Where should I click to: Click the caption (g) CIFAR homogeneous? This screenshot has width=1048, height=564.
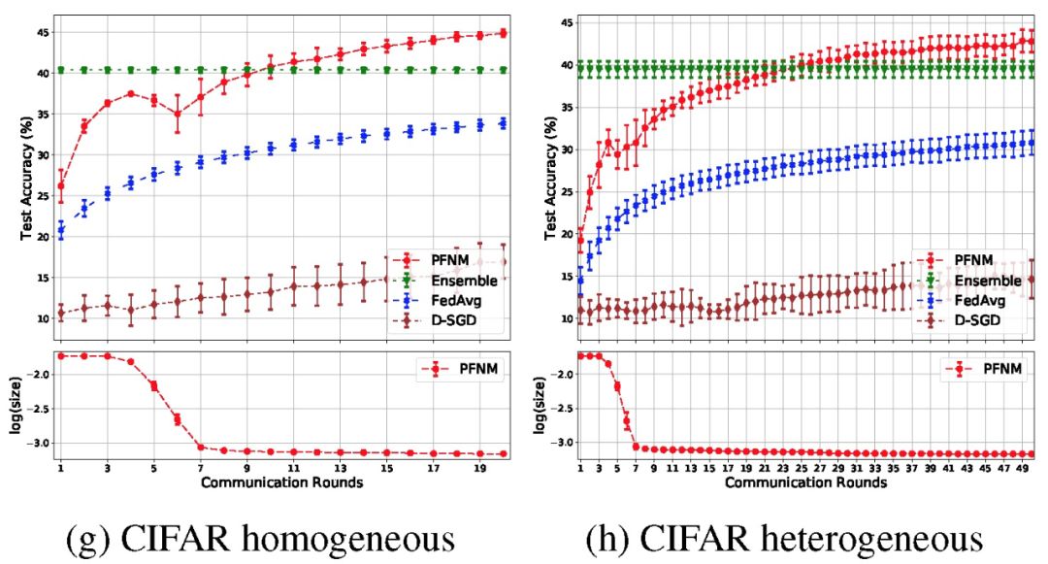click(x=260, y=536)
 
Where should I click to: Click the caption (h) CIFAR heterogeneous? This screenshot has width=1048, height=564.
click(x=784, y=536)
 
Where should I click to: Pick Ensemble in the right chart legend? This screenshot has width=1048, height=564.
click(x=981, y=281)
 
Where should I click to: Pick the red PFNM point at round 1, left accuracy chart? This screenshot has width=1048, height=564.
click(x=60, y=185)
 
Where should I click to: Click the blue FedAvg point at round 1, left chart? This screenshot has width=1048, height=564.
click(x=60, y=230)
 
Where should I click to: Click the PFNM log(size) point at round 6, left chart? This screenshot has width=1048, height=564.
click(x=177, y=419)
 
